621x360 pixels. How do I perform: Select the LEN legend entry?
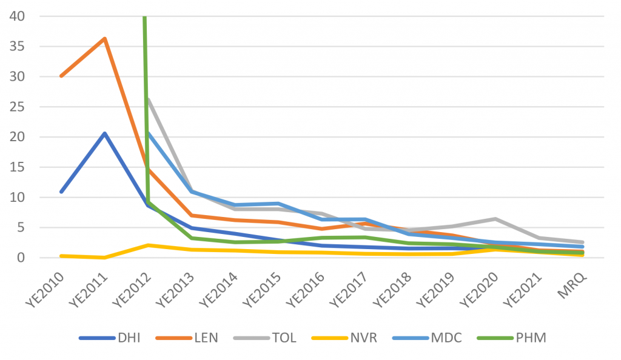click(x=205, y=338)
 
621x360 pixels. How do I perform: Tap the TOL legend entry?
click(x=284, y=338)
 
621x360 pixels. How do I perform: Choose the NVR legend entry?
click(x=366, y=338)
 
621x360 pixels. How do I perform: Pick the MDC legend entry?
click(x=448, y=338)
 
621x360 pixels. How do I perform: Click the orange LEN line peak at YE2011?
click(x=104, y=39)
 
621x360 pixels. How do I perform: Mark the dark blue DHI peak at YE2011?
click(x=104, y=133)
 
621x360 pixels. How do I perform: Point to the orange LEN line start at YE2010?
click(x=61, y=76)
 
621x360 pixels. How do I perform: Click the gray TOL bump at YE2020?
click(x=495, y=219)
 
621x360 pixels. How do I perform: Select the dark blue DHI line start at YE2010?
click(x=61, y=192)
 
